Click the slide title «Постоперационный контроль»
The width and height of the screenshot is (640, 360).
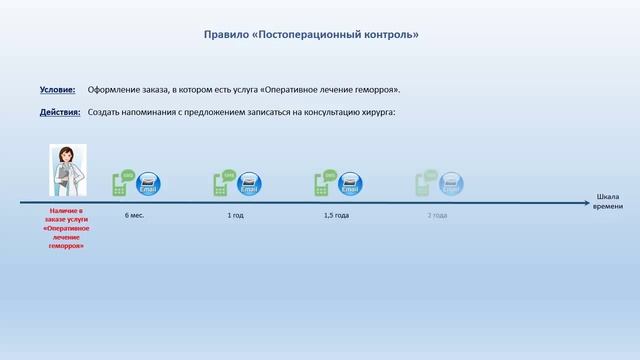pos(311,34)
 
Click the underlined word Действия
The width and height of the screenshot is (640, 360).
pos(60,111)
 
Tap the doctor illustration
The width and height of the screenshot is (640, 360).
pos(69,171)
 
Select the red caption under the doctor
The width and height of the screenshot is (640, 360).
pos(66,228)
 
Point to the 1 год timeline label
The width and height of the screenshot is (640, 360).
pos(236,215)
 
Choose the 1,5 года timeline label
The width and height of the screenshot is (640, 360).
pos(336,215)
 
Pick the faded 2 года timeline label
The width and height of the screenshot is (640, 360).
pos(437,215)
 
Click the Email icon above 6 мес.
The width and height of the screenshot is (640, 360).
pos(148,184)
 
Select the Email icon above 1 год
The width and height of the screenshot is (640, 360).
pos(249,184)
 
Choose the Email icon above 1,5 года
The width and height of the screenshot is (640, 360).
pos(350,184)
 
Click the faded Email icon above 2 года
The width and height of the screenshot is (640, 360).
pos(451,184)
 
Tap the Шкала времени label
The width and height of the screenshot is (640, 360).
pos(607,201)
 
